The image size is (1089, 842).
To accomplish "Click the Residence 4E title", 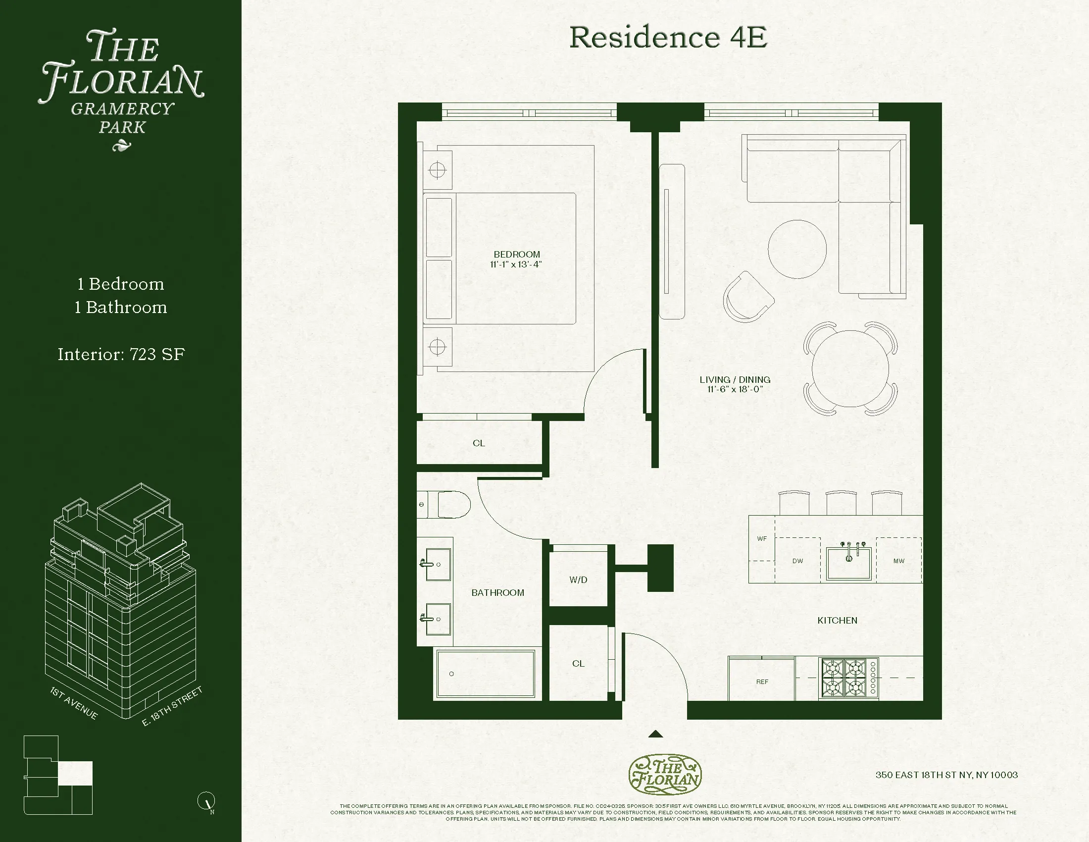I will pyautogui.click(x=668, y=38).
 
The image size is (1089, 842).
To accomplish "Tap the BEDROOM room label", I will pyautogui.click(x=517, y=255).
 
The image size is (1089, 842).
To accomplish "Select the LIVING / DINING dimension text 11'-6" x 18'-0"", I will pyautogui.click(x=735, y=390).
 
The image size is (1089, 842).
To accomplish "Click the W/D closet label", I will pyautogui.click(x=578, y=579).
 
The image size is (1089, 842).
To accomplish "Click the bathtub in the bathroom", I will pyautogui.click(x=485, y=674).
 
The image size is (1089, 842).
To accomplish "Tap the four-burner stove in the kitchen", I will pyautogui.click(x=847, y=679).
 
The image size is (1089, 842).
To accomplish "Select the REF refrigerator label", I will pyautogui.click(x=762, y=682).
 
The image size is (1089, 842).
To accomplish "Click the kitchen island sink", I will pyautogui.click(x=848, y=562).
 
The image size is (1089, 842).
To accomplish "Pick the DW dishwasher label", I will pyautogui.click(x=798, y=561).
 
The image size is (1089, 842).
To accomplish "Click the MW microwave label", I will pyautogui.click(x=898, y=561).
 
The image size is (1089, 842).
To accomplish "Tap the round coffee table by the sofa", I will pyautogui.click(x=797, y=249).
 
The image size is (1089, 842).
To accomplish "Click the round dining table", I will pyautogui.click(x=850, y=368).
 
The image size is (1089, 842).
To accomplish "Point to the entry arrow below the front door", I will pyautogui.click(x=655, y=734).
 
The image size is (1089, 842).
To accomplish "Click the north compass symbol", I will pyautogui.click(x=206, y=801).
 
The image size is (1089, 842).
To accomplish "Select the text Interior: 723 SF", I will pyautogui.click(x=121, y=355).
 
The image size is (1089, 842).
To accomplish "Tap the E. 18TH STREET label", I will pyautogui.click(x=173, y=706).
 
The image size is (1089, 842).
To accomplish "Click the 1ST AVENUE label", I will pyautogui.click(x=74, y=703).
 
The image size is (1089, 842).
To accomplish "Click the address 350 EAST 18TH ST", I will pyautogui.click(x=946, y=775).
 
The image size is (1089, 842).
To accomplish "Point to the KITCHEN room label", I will pyautogui.click(x=837, y=621).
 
